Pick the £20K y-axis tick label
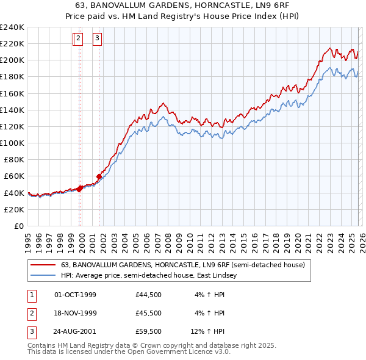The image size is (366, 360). (x=13, y=209)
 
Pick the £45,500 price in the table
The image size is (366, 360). (x=149, y=313)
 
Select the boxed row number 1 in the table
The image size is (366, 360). (x=30, y=295)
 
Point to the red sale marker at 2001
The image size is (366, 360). (x=99, y=176)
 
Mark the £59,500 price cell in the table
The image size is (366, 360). (x=149, y=331)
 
